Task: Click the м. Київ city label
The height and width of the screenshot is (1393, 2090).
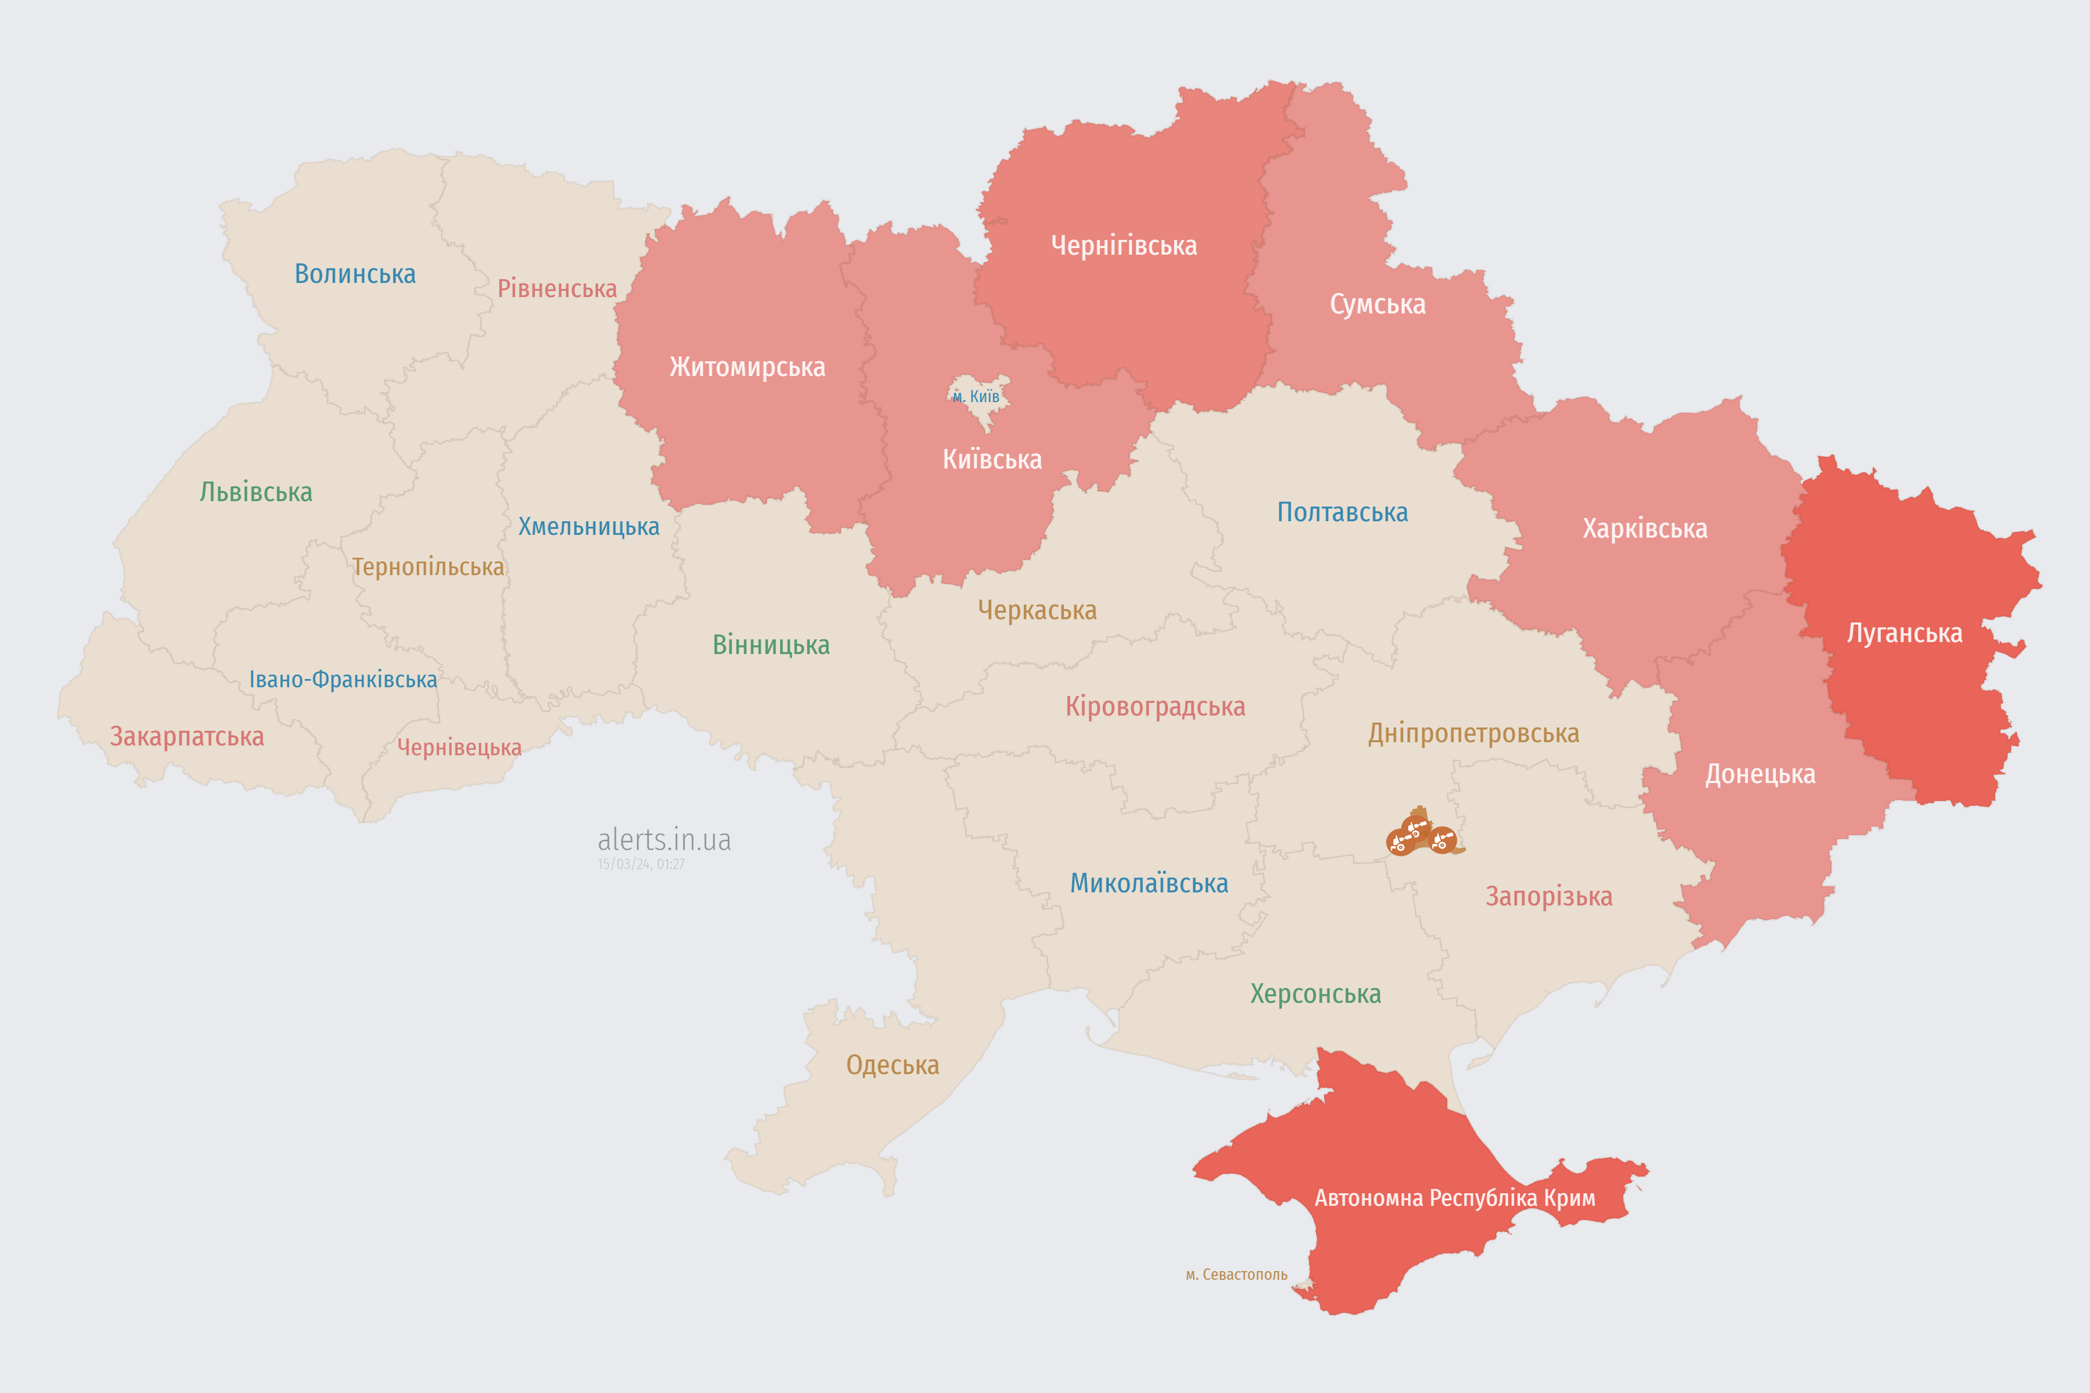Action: tap(976, 396)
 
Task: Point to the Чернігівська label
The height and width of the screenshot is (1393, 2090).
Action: tap(1123, 245)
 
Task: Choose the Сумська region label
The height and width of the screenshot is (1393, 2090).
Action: tap(1378, 305)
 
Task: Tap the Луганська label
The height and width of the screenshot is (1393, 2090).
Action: tap(1904, 633)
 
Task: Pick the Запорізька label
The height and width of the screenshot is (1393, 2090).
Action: tap(1549, 896)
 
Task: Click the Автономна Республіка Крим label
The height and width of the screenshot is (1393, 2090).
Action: tap(1455, 1198)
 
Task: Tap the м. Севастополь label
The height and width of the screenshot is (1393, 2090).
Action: tap(1236, 1275)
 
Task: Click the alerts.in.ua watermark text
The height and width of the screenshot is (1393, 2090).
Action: tap(664, 840)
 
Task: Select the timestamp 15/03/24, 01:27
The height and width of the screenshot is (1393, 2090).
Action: tap(641, 865)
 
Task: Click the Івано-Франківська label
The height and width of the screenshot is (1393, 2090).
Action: tap(343, 680)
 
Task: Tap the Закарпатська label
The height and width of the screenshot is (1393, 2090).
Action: tap(187, 736)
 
